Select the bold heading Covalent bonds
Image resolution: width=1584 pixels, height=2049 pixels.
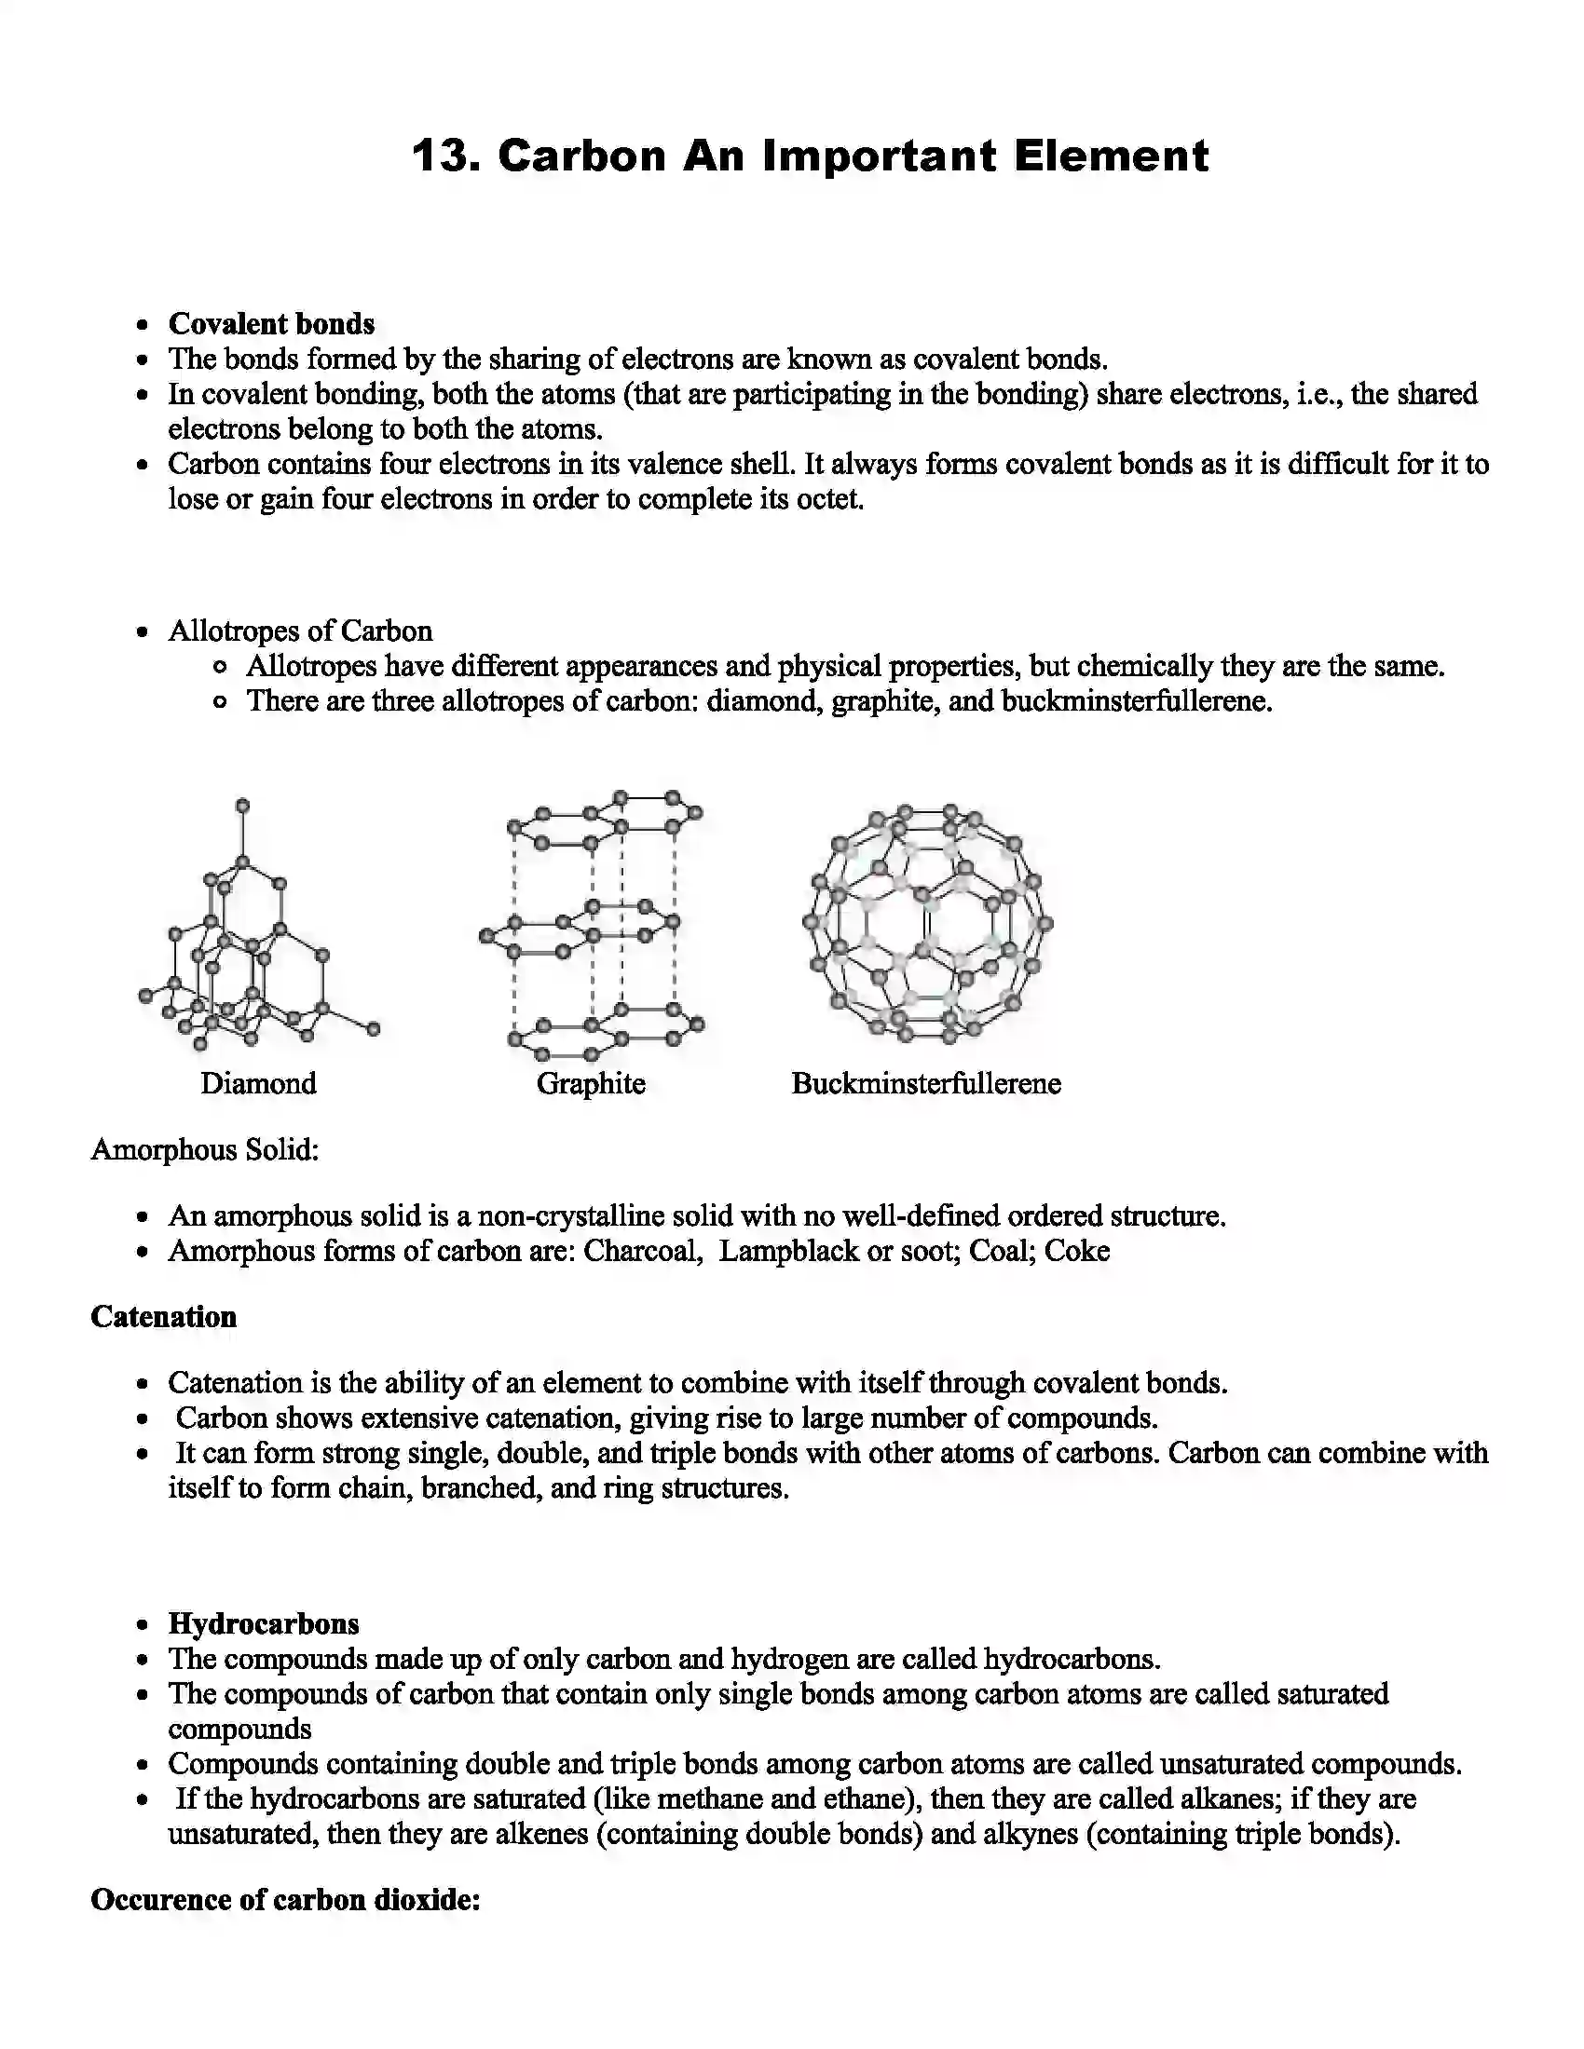click(271, 324)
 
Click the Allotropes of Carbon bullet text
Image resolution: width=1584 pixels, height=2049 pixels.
click(300, 631)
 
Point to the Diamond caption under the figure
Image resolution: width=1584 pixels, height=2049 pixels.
click(258, 1082)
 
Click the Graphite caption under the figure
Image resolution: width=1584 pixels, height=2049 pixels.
click(590, 1082)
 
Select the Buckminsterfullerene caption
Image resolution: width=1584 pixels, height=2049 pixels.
click(925, 1082)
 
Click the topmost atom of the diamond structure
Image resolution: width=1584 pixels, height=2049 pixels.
click(242, 805)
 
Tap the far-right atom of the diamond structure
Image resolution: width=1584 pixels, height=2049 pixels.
click(374, 1029)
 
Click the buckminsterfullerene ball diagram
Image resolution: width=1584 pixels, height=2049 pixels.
click(927, 923)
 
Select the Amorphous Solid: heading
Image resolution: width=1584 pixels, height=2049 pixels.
click(205, 1149)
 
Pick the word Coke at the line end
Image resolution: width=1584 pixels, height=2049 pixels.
click(1076, 1251)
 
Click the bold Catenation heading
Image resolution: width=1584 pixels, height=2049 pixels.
click(163, 1316)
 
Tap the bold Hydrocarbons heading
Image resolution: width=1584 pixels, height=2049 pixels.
click(264, 1623)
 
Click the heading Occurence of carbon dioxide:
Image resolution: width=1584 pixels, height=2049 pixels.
click(285, 1900)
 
